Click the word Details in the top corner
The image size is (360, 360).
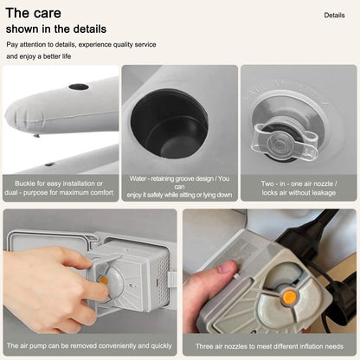334,16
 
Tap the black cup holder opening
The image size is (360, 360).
170,124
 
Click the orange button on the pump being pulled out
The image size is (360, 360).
103,280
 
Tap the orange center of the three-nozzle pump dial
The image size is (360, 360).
289,297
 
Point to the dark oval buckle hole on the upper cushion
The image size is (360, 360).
79,87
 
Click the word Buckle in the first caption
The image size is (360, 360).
25,183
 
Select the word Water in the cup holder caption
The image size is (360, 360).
138,178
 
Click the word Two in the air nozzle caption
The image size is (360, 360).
267,183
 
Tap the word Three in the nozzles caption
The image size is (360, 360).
205,346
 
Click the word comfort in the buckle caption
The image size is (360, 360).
102,192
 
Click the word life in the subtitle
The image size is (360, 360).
67,56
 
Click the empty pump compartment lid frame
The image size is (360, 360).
49,233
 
